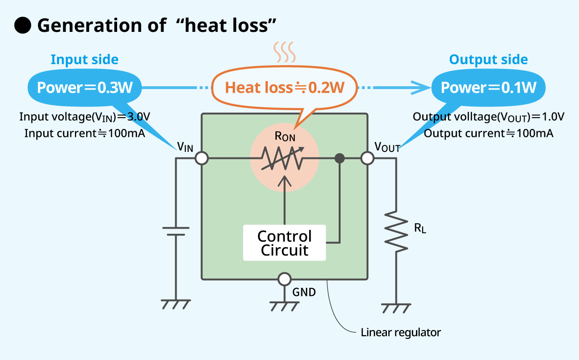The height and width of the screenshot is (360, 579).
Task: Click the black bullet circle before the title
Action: [22, 26]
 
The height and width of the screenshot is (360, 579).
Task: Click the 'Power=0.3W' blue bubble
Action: [84, 88]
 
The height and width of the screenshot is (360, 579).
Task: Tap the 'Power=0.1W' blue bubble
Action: [489, 88]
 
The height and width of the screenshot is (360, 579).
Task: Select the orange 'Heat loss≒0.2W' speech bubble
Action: [285, 88]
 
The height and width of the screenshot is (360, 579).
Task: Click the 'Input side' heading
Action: [84, 60]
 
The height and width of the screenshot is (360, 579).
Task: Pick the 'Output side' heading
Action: [488, 60]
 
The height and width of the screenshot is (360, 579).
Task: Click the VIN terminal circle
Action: [201, 158]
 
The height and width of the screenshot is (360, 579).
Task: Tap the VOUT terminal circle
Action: [368, 158]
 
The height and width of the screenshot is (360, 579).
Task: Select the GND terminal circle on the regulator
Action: [284, 279]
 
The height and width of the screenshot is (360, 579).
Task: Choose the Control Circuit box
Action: [284, 243]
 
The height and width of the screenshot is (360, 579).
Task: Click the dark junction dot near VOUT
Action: [340, 158]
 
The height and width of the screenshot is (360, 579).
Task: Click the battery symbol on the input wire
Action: [176, 231]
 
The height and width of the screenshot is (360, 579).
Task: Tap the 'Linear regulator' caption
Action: [401, 333]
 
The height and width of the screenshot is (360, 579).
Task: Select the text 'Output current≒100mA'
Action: [489, 134]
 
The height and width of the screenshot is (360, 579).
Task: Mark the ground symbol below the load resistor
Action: [396, 308]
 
